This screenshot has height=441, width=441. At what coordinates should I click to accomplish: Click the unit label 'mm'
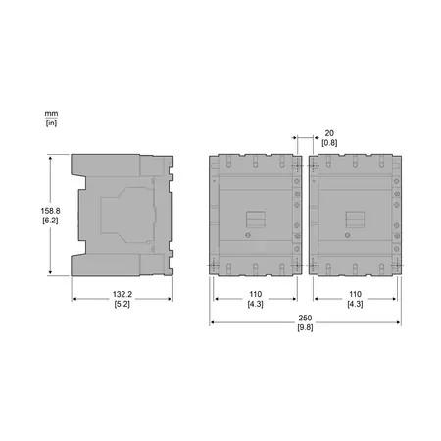[x=51, y=113]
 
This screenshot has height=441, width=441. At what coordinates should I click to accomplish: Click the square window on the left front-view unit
[x=254, y=220]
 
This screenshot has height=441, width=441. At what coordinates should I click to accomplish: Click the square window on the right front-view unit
[x=354, y=220]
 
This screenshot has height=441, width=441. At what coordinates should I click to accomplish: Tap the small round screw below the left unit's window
[x=248, y=236]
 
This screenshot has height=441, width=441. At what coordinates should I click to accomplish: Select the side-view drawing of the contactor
[x=122, y=214]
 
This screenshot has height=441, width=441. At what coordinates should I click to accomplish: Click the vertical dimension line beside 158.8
[x=51, y=214]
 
